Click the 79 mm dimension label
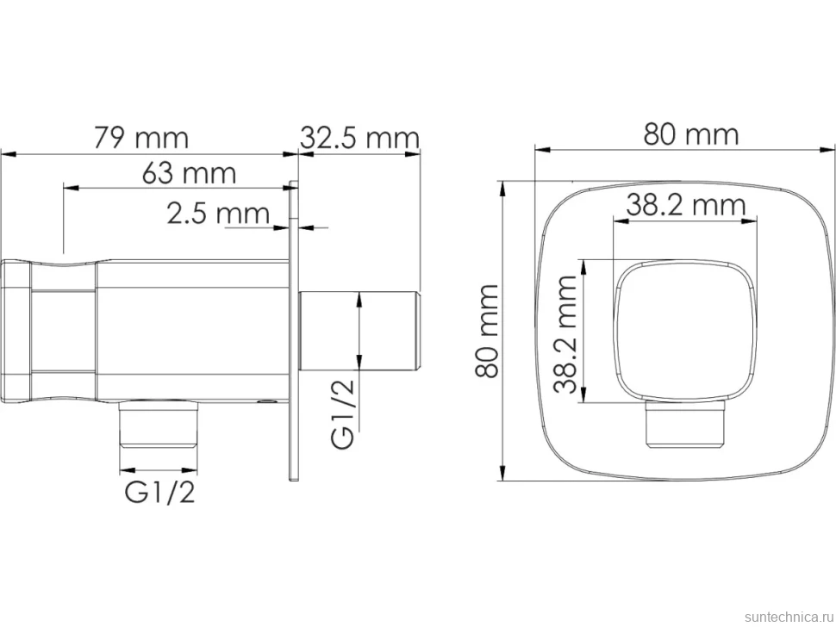click(141, 138)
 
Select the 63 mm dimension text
click(189, 173)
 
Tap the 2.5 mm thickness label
click(218, 213)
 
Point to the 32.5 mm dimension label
click(359, 138)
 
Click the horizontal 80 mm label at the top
click(691, 134)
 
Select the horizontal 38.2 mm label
click(686, 205)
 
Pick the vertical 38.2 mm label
click(565, 334)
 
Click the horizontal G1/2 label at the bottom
click(160, 493)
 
